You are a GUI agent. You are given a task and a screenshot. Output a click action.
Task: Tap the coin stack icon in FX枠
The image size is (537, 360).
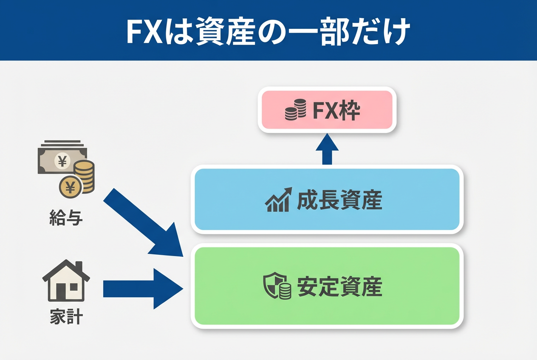296,110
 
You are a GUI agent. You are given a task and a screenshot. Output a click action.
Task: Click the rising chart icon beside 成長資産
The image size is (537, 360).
278,200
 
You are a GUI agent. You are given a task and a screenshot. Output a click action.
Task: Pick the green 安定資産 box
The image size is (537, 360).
327,286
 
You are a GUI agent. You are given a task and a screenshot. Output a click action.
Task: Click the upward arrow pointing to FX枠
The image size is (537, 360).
327,149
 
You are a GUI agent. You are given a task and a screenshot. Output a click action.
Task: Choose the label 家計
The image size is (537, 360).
66,317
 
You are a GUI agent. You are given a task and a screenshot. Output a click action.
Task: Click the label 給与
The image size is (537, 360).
66,219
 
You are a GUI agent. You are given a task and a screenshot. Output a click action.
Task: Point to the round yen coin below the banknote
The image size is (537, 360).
71,186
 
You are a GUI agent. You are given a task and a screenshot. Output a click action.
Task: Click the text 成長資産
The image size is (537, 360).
340,200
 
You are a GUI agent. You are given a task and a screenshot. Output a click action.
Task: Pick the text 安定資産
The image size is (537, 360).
340,286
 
